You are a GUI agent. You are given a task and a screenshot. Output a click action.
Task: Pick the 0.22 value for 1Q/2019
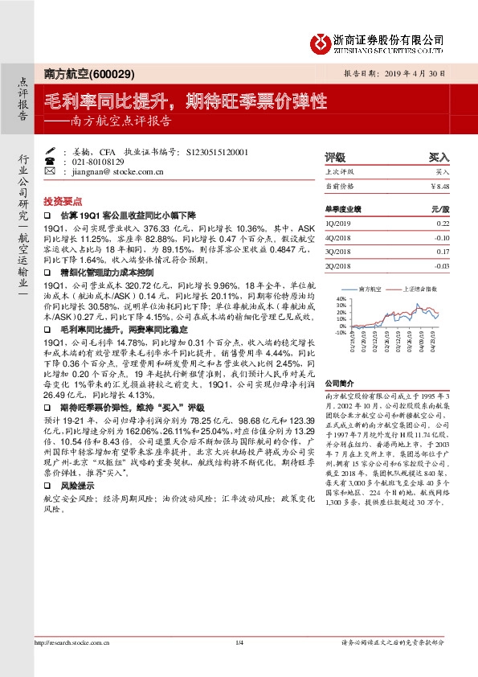coord(442,223)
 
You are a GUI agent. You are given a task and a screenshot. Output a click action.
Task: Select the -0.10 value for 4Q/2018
coord(441,237)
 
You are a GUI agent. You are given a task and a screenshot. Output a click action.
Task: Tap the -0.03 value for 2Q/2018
coord(441,265)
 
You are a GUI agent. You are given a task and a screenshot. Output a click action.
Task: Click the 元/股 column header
coord(439,208)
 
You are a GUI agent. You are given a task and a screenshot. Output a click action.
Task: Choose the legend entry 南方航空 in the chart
coord(370,288)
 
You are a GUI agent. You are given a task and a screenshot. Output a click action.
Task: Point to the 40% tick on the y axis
coord(341,298)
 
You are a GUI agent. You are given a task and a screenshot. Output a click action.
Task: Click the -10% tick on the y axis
coord(340,331)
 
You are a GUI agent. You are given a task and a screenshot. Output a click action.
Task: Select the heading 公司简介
coord(339,385)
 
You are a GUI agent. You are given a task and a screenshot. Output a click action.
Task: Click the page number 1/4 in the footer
coord(239,664)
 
